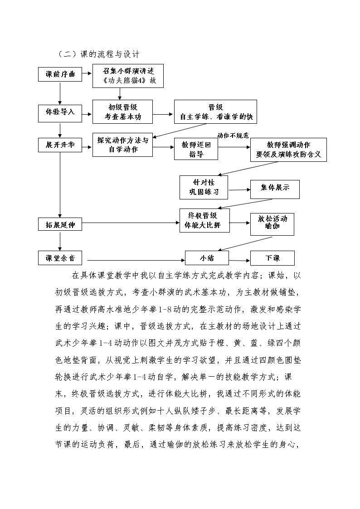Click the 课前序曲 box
click(60, 74)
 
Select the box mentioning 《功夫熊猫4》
click(128, 76)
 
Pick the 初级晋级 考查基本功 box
click(122, 111)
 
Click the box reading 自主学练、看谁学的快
click(215, 111)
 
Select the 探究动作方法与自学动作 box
click(122, 145)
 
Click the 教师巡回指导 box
click(196, 149)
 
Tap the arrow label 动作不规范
click(233, 136)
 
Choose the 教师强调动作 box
click(288, 150)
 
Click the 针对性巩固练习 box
click(204, 187)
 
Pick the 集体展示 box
click(275, 189)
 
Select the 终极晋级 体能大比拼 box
click(205, 220)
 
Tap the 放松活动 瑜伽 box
click(272, 224)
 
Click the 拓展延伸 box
click(60, 224)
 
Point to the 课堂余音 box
click(60, 258)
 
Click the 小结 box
click(207, 258)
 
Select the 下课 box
click(272, 258)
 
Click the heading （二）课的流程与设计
click(98, 54)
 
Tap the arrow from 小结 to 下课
click(239, 260)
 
